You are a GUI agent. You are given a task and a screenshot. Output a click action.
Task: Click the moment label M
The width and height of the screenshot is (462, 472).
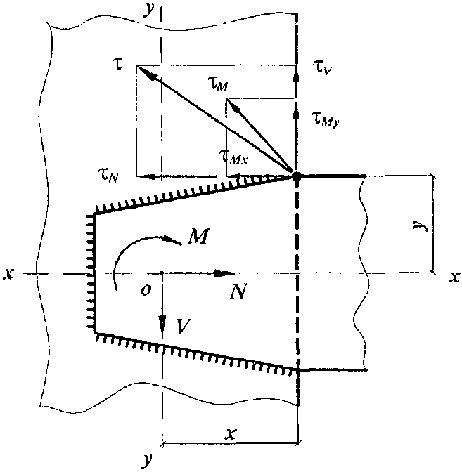pyautogui.click(x=198, y=236)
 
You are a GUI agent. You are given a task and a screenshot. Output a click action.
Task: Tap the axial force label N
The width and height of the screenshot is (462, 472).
pyautogui.click(x=238, y=291)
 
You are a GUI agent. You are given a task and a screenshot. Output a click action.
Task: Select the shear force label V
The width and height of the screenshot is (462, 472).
pyautogui.click(x=183, y=326)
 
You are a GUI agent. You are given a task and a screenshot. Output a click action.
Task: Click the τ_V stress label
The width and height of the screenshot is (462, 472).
pyautogui.click(x=322, y=68)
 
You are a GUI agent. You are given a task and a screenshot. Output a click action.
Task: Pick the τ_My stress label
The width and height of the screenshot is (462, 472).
pyautogui.click(x=326, y=119)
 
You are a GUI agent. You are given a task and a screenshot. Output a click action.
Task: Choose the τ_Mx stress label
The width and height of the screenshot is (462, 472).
pyautogui.click(x=234, y=157)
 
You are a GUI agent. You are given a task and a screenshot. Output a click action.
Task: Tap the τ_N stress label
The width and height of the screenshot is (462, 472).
pyautogui.click(x=108, y=175)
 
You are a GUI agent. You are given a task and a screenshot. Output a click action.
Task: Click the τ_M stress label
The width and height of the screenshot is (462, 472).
pyautogui.click(x=218, y=83)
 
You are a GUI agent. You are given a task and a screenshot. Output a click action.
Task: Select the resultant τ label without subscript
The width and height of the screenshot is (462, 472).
pyautogui.click(x=119, y=65)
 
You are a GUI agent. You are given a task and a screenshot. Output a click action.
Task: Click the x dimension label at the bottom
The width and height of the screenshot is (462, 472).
pyautogui.click(x=231, y=434)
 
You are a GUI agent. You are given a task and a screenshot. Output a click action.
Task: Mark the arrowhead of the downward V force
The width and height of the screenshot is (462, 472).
pyautogui.click(x=162, y=323)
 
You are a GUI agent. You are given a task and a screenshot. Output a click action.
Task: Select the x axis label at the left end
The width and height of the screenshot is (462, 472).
pyautogui.click(x=8, y=274)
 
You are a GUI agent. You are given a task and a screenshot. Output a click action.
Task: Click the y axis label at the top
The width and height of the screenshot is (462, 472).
pyautogui.click(x=149, y=10)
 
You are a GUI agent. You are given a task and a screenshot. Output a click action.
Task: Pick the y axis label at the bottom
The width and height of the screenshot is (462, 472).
pyautogui.click(x=147, y=460)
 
